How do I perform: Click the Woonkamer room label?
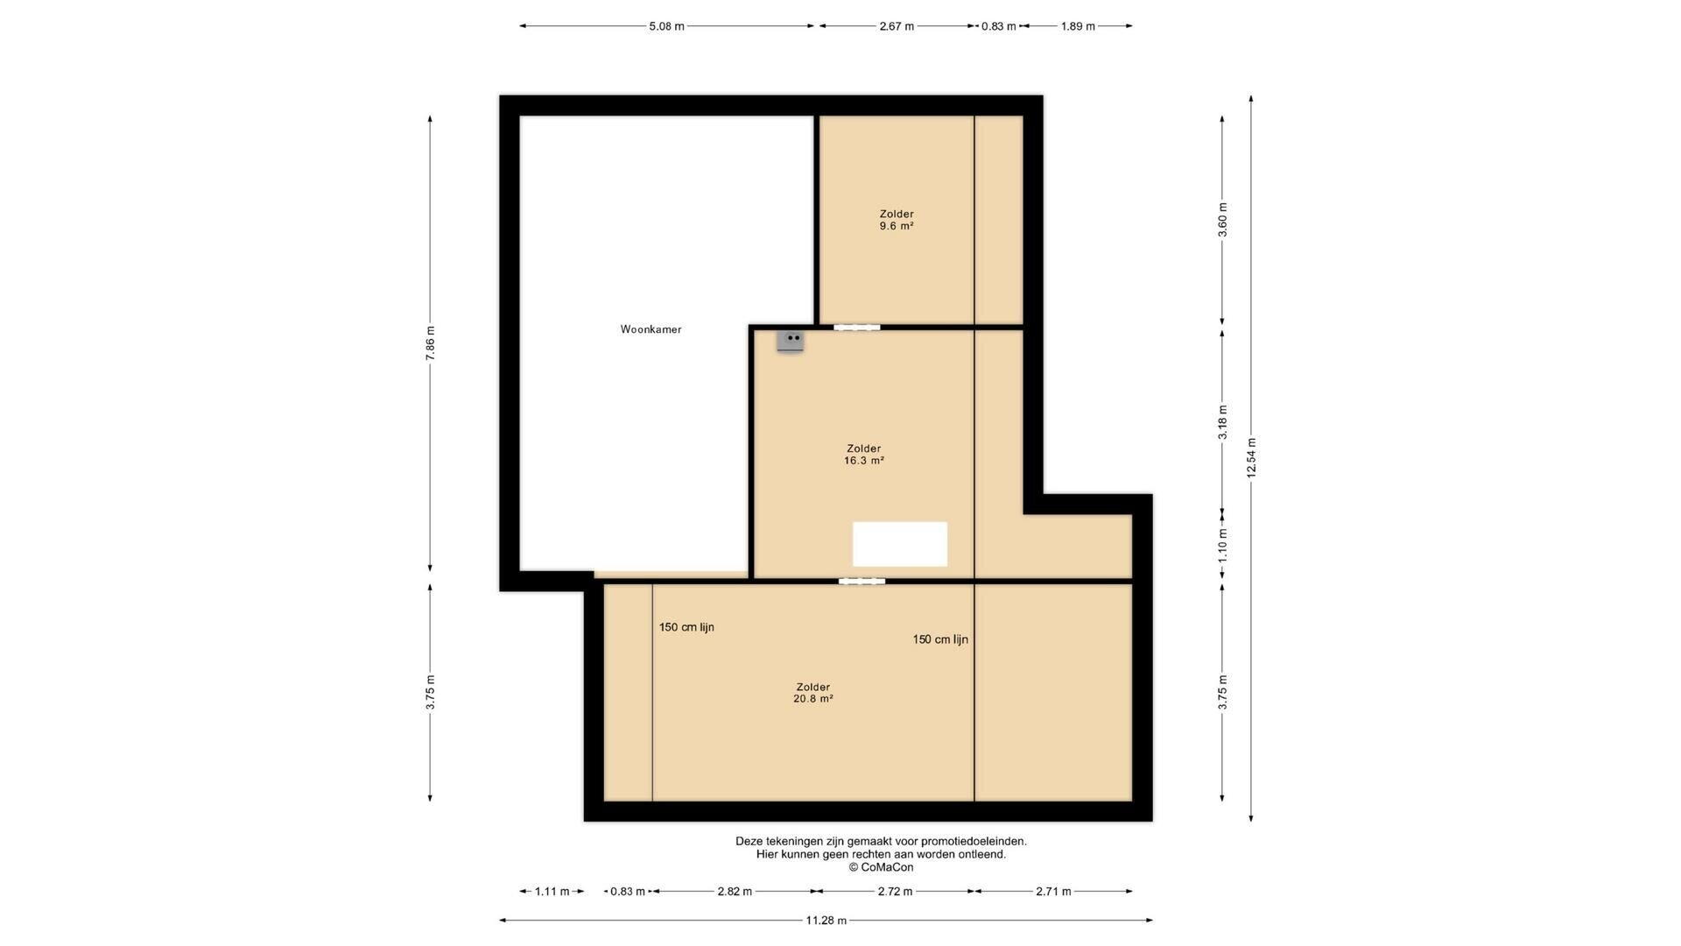pyautogui.click(x=651, y=329)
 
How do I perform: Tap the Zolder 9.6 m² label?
pyautogui.click(x=897, y=220)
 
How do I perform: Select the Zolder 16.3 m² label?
pyautogui.click(x=863, y=455)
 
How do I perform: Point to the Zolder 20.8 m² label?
pyautogui.click(x=812, y=693)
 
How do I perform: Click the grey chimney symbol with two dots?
pyautogui.click(x=790, y=340)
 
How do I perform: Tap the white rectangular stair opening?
pyautogui.click(x=900, y=544)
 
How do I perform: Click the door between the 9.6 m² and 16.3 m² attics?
pyautogui.click(x=856, y=328)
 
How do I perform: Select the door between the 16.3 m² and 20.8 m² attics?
pyautogui.click(x=862, y=581)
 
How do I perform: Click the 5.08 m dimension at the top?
pyautogui.click(x=666, y=26)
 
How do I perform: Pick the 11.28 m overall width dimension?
pyautogui.click(x=826, y=920)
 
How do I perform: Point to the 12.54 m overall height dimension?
pyautogui.click(x=1251, y=458)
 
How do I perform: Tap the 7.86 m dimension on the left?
pyautogui.click(x=430, y=343)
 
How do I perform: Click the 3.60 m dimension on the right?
pyautogui.click(x=1222, y=219)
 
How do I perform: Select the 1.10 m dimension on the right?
pyautogui.click(x=1222, y=545)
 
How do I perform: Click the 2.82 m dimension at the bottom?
pyautogui.click(x=735, y=892)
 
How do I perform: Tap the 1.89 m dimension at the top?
pyautogui.click(x=1078, y=26)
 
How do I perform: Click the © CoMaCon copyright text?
pyautogui.click(x=881, y=867)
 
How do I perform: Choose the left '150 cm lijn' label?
pyautogui.click(x=686, y=627)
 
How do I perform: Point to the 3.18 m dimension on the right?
pyautogui.click(x=1222, y=421)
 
